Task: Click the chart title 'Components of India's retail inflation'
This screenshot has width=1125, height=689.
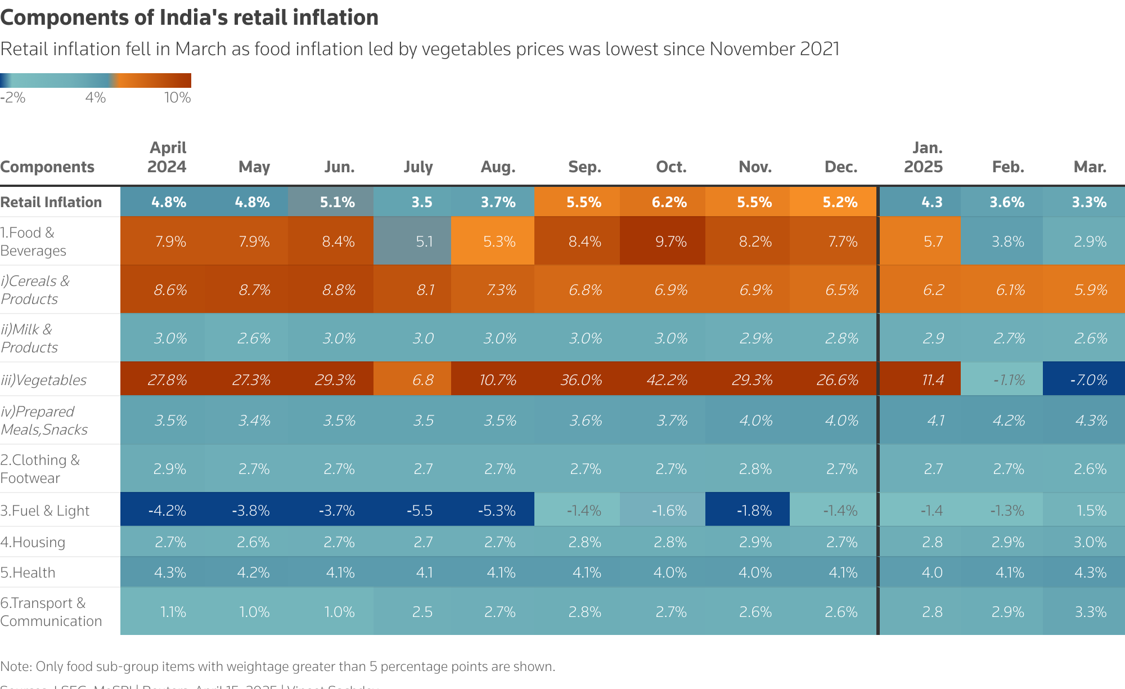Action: (189, 17)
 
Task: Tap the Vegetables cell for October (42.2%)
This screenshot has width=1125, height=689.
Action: (667, 380)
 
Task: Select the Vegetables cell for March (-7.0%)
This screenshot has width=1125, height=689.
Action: (1088, 380)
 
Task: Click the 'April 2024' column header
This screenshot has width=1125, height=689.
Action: (166, 157)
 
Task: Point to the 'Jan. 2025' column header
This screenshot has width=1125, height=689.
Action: (923, 157)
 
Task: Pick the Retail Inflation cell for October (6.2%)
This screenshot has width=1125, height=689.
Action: (669, 202)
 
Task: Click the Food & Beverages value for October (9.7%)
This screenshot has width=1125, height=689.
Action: (670, 241)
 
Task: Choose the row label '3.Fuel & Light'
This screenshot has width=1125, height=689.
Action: (45, 511)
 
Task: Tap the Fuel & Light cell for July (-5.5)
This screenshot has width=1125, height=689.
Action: (420, 511)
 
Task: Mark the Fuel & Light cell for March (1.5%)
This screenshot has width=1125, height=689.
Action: (1091, 511)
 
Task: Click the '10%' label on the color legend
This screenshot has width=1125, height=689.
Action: (177, 98)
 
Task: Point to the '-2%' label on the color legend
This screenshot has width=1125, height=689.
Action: (13, 98)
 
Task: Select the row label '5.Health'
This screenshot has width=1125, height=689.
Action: (28, 572)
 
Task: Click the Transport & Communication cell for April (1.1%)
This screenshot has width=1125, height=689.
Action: (173, 612)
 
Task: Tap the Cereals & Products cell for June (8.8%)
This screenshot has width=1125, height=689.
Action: (339, 290)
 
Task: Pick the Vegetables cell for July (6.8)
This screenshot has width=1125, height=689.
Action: (422, 380)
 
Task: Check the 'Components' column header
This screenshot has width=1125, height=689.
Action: (47, 167)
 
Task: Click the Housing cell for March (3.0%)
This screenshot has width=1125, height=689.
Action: (1090, 542)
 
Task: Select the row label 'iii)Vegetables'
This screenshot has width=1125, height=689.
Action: (44, 380)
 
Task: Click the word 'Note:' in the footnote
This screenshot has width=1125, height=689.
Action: (16, 666)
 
